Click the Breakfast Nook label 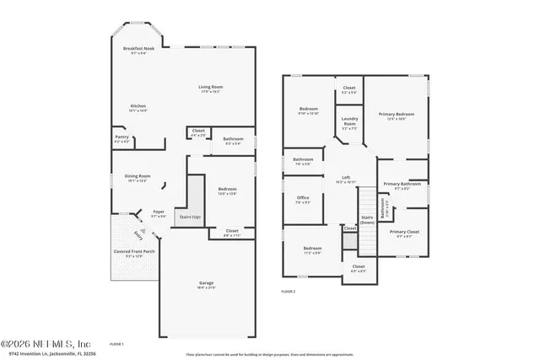[x=139, y=50]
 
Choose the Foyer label [x=158, y=212]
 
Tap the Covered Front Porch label [x=134, y=251]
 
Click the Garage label [x=206, y=282]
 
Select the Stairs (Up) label [x=191, y=217]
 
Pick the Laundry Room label [x=349, y=121]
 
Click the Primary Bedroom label [x=396, y=114]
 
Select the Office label [x=303, y=198]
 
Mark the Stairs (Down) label [x=367, y=219]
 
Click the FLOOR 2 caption [x=289, y=291]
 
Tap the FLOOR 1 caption [x=116, y=344]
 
